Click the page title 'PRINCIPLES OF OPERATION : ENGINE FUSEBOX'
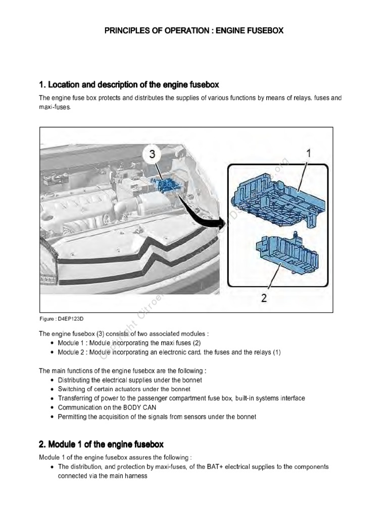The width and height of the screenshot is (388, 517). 194,31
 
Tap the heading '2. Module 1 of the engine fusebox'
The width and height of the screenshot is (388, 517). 101,444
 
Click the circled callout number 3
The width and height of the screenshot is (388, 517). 152,155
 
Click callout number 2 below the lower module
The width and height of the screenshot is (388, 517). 263,297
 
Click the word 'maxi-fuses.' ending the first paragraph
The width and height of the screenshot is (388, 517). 54,107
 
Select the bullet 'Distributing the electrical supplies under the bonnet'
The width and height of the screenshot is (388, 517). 130,380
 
